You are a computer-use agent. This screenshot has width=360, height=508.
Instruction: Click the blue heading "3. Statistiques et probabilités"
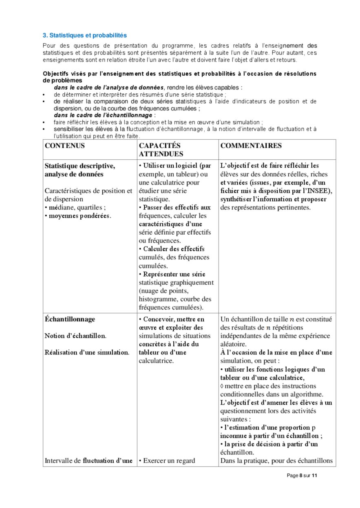click(x=85, y=35)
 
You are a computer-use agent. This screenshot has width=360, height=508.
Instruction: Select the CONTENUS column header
click(x=65, y=146)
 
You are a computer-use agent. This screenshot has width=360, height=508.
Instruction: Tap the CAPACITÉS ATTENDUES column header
click(x=159, y=150)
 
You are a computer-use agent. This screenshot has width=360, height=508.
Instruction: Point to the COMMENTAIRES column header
click(x=251, y=146)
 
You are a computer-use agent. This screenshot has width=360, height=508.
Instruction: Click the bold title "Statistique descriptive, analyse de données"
click(x=80, y=170)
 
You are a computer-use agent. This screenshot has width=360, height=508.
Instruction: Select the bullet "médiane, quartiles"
click(x=76, y=207)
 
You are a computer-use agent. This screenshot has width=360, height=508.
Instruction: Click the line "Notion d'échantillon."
click(x=75, y=336)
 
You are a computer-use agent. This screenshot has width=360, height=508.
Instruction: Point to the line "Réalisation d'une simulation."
click(x=87, y=352)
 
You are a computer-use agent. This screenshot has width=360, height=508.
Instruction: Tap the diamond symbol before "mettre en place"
click(x=222, y=386)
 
